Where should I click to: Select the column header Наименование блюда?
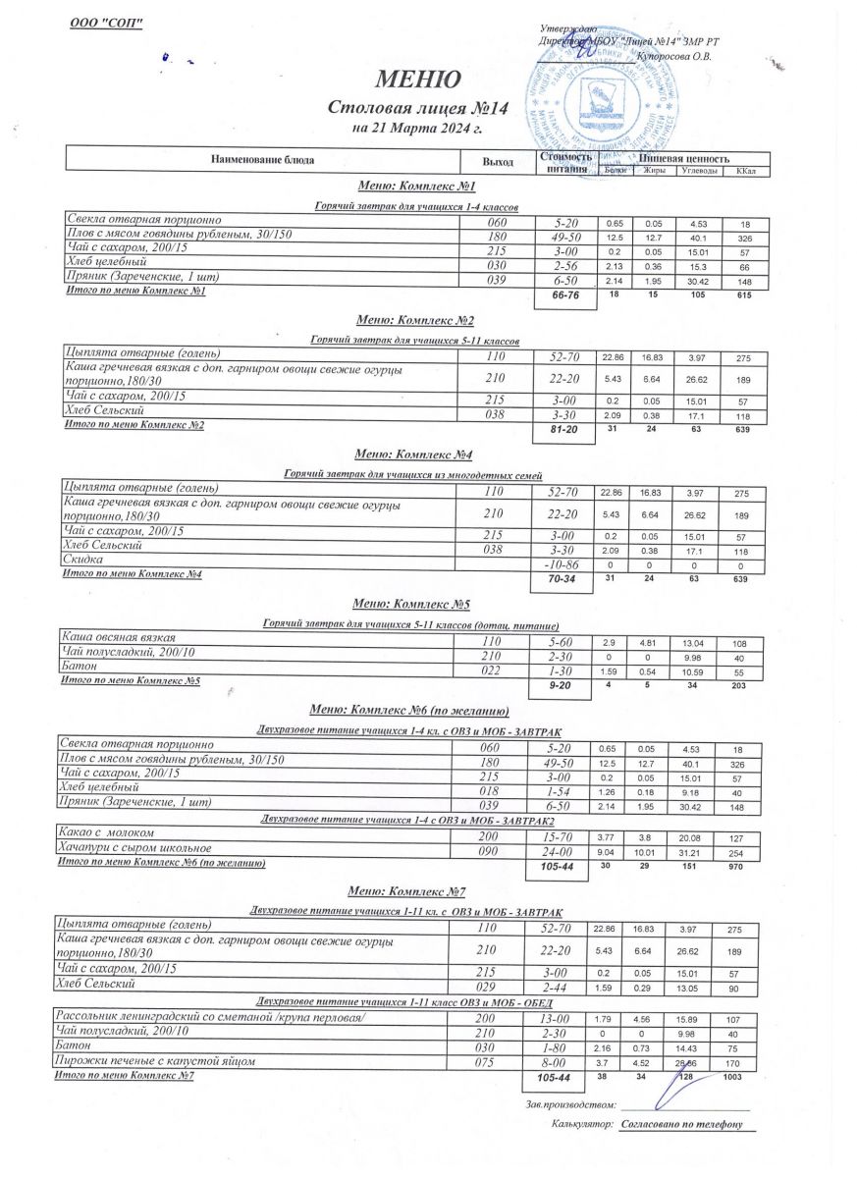coord(262,159)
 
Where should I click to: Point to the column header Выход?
coord(498,159)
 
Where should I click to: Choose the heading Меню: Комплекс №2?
coord(415,321)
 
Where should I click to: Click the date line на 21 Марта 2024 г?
coord(417,129)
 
